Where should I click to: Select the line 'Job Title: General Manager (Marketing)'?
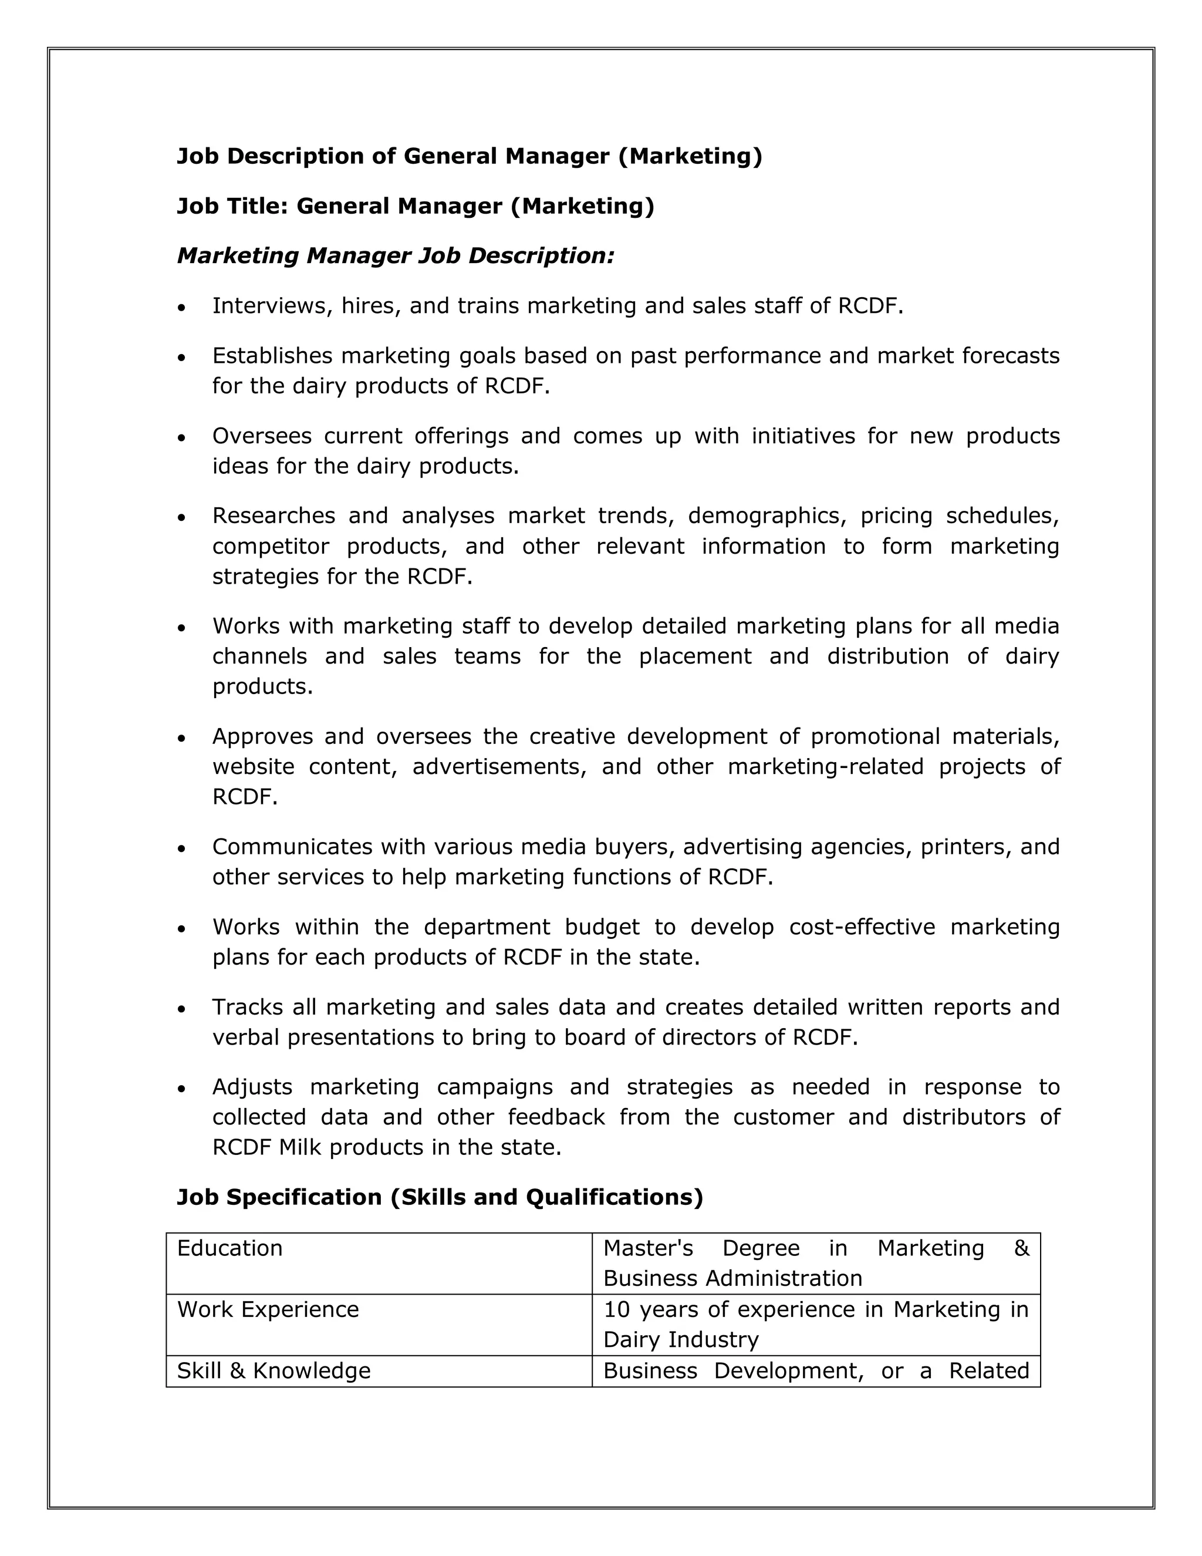tap(415, 206)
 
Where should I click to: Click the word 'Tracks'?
tap(247, 1006)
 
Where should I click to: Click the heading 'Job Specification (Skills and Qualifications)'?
tap(440, 1197)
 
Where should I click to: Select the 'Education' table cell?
tap(229, 1248)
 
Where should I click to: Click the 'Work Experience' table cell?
tap(268, 1309)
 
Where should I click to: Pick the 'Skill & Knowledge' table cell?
tap(274, 1371)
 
